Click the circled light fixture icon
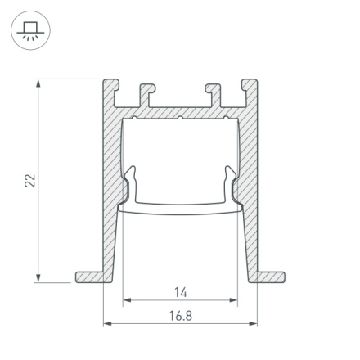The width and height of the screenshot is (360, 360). (x=30, y=31)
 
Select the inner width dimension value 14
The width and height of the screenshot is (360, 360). (x=181, y=292)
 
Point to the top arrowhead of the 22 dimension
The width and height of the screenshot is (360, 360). (x=38, y=83)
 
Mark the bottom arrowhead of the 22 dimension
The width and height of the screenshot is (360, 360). (x=38, y=278)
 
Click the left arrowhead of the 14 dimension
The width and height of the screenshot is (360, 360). (x=126, y=301)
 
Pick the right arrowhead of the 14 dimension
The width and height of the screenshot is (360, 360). (x=235, y=301)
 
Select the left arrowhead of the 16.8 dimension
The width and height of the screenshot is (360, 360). (x=106, y=324)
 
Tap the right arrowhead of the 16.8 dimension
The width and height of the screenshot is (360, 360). (x=254, y=324)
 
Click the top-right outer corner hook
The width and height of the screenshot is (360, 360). (x=248, y=85)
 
